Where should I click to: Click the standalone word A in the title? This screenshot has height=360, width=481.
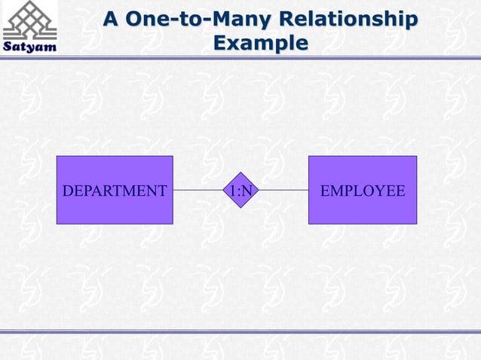[110, 18]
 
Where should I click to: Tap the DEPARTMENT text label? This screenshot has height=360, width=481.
[115, 191]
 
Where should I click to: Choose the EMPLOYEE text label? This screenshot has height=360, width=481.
[363, 191]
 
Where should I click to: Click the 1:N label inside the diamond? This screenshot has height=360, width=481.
[240, 191]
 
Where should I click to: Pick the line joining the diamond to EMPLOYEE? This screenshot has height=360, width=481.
[283, 190]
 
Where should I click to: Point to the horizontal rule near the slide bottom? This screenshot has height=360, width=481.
[240, 331]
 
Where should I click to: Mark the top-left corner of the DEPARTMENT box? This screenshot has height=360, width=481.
[57, 156]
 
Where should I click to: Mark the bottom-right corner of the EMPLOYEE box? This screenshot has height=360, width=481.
[417, 224]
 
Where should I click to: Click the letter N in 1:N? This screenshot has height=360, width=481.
[247, 191]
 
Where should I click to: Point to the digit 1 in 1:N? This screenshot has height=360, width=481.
[233, 191]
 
